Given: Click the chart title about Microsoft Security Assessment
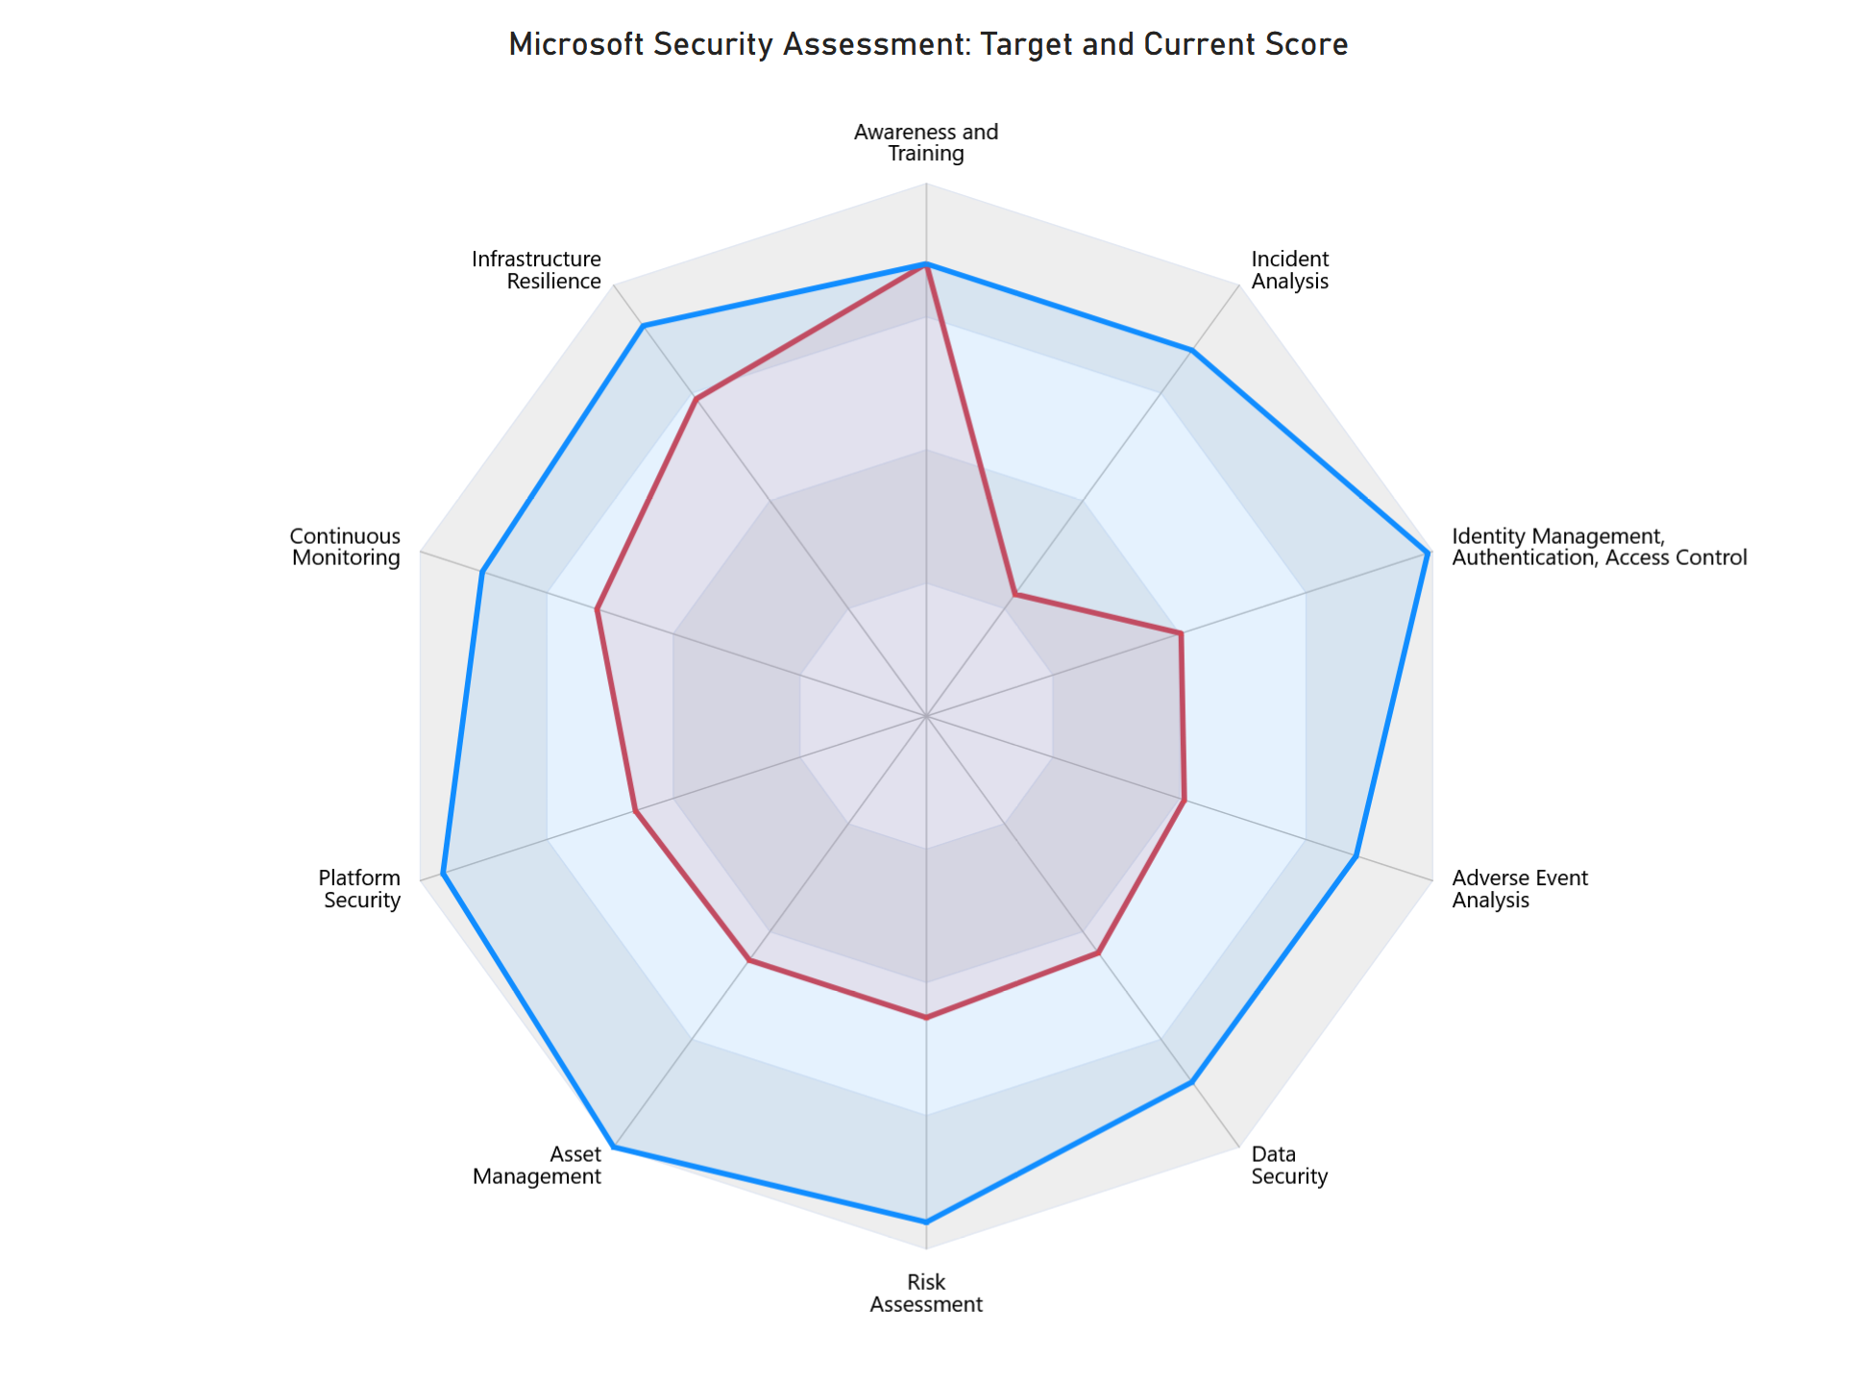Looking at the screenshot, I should pyautogui.click(x=928, y=45).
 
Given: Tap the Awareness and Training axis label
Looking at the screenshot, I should pyautogui.click(x=926, y=143).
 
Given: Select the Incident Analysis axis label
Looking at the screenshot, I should pyautogui.click(x=1290, y=270).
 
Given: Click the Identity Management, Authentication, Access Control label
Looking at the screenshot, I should pyautogui.click(x=1599, y=547).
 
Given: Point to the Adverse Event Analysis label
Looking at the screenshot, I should pyautogui.click(x=1519, y=889).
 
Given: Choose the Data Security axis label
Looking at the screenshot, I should pyautogui.click(x=1289, y=1165).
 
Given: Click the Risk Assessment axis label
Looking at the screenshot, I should pyautogui.click(x=926, y=1294).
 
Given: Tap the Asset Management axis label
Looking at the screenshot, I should pyautogui.click(x=537, y=1165).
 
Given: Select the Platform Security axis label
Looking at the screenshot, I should pyautogui.click(x=359, y=889).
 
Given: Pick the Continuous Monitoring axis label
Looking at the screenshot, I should pyautogui.click(x=345, y=547).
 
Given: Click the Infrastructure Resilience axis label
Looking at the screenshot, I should pyautogui.click(x=537, y=270).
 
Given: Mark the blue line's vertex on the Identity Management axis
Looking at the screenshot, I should pyautogui.click(x=1429, y=553).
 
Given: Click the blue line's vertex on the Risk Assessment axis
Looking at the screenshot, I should pyautogui.click(x=926, y=1222).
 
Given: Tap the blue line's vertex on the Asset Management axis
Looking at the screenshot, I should pyautogui.click(x=614, y=1147).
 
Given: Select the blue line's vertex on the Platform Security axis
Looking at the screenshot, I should pyautogui.click(x=442, y=874).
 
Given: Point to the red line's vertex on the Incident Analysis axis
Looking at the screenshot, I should pyautogui.click(x=1014, y=596).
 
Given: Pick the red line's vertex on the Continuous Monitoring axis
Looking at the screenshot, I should pyautogui.click(x=597, y=609).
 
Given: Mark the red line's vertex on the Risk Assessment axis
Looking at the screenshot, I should pyautogui.click(x=926, y=1016).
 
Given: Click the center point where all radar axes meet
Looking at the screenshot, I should pyautogui.click(x=926, y=716).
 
